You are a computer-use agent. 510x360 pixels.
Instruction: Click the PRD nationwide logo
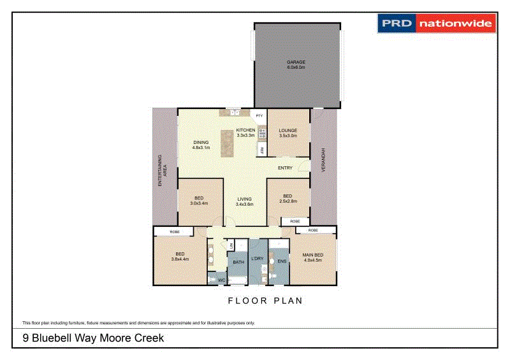436,24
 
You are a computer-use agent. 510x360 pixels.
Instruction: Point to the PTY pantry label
259,116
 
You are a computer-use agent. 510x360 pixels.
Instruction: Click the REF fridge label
262,150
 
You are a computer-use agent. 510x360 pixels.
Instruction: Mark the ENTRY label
285,168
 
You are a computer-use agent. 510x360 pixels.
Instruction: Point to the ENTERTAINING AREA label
163,170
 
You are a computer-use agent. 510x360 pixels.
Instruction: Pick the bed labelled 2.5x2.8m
288,198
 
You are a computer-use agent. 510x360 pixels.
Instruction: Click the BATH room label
238,262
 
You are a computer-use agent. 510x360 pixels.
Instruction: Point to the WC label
221,280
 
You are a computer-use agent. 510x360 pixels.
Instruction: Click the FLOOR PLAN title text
265,301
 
